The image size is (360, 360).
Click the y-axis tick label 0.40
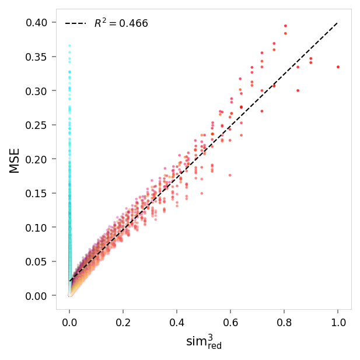[x=38, y=23]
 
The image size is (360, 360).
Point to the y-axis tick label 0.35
[x=38, y=57]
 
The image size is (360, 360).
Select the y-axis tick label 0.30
[x=38, y=91]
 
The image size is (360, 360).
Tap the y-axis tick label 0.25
[x=38, y=125]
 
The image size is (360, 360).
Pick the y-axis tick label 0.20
[x=38, y=159]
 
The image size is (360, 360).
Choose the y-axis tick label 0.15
[x=38, y=193]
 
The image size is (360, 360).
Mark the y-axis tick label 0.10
[x=38, y=228]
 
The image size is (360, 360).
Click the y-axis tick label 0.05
[x=38, y=261]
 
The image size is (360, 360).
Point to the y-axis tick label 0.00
[x=38, y=296]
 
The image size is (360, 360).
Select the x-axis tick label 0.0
[x=69, y=322]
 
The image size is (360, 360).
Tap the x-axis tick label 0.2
[x=123, y=322]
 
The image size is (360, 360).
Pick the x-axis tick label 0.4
[x=177, y=322]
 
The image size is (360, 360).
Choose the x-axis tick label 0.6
[x=230, y=322]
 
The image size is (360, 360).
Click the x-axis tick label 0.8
[x=284, y=322]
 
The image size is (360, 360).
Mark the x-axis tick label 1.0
[x=338, y=322]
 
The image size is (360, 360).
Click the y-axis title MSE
[x=15, y=160]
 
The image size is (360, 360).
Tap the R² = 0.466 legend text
[x=121, y=23]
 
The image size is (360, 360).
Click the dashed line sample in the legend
[x=76, y=23]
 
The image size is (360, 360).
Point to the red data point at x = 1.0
[x=338, y=67]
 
